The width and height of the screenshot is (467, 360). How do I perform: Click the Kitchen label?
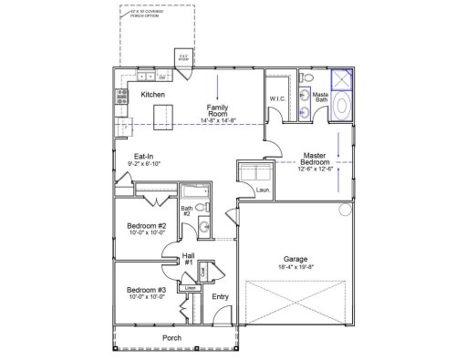(x=151, y=94)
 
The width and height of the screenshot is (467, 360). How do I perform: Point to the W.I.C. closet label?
(x=277, y=98)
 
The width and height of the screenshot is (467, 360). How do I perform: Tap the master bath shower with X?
(x=342, y=78)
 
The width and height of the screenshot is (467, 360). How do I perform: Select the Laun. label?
(x=262, y=190)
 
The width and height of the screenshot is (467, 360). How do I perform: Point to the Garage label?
(x=293, y=258)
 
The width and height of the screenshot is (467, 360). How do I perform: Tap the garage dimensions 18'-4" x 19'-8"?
(x=293, y=268)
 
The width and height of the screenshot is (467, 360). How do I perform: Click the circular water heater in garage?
(x=345, y=211)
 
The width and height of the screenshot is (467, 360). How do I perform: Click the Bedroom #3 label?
(x=145, y=290)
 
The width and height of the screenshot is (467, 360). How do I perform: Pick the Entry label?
(x=220, y=296)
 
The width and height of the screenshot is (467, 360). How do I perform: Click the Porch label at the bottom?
(x=171, y=338)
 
